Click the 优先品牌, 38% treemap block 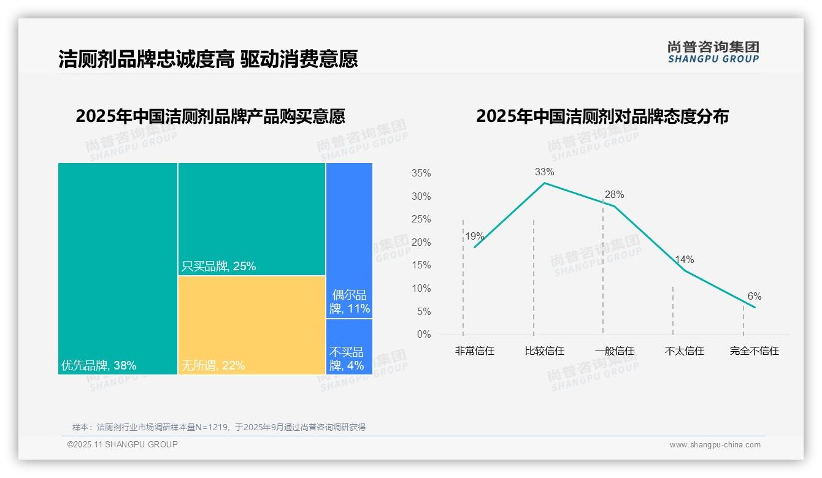point(118,268)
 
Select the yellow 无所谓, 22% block point(252,324)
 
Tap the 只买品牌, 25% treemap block point(252,219)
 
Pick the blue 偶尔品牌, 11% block point(349,240)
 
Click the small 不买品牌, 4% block point(349,347)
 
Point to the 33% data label point(544,172)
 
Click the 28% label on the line point(614,195)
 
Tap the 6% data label point(754,297)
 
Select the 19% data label point(474,237)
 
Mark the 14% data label point(684,260)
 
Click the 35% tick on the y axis point(421,173)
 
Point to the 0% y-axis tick point(424,335)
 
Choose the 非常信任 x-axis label point(474,351)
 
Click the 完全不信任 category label point(754,351)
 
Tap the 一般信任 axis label point(614,351)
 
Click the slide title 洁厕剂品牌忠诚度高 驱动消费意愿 point(208,59)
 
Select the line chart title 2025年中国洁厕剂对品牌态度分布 point(602,116)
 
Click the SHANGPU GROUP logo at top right point(713,52)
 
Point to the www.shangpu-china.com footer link point(715,445)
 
